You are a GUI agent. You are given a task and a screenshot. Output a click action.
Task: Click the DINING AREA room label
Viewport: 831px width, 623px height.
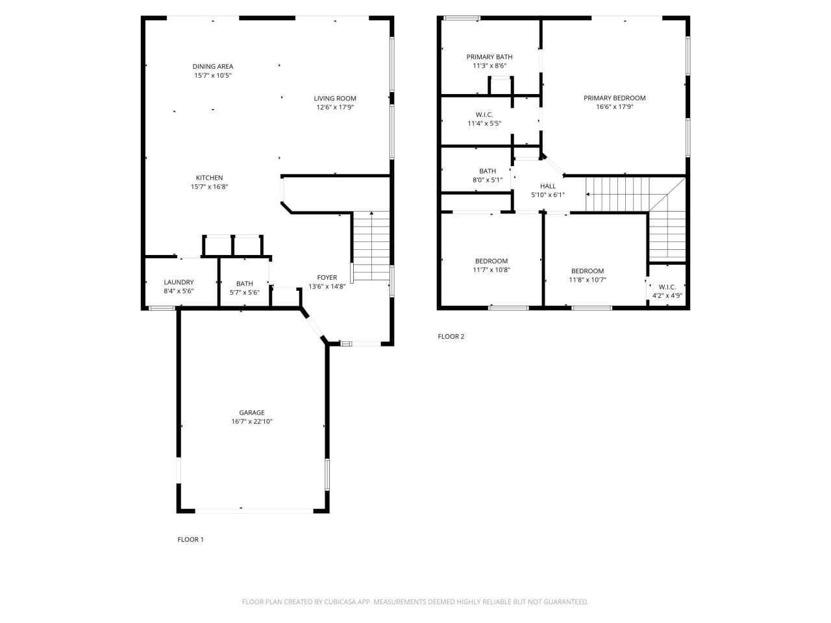tap(212, 66)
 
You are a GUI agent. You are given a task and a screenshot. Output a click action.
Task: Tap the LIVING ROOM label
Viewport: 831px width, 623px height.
tap(335, 99)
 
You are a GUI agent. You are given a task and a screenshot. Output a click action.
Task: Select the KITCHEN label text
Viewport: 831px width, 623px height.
tap(209, 178)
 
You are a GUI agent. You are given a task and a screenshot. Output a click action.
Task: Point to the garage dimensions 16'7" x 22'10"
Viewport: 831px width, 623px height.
tap(252, 422)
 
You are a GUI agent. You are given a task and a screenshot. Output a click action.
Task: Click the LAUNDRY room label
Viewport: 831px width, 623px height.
tap(179, 282)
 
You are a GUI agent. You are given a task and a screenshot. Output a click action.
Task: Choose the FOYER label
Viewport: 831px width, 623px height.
tap(327, 278)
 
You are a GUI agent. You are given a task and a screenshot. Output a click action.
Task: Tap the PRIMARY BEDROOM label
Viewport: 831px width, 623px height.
tap(614, 99)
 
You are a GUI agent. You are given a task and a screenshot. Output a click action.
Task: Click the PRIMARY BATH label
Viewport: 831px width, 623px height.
tap(489, 57)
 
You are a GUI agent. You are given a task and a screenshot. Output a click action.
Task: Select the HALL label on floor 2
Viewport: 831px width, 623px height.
tap(548, 186)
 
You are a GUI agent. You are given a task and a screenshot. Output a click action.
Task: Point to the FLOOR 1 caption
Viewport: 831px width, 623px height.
tap(190, 539)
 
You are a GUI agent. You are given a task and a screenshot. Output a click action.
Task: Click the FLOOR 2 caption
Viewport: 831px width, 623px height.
tap(451, 336)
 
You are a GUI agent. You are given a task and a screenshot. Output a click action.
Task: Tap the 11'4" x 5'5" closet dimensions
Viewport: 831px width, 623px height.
tap(484, 123)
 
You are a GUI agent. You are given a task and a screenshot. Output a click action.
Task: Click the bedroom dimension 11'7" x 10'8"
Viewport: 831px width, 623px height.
tap(491, 270)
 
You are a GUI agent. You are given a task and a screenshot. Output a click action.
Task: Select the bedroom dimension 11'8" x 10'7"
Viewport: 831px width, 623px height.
tap(588, 280)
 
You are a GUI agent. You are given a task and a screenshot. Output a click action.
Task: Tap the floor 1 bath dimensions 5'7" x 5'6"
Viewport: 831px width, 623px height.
tap(245, 292)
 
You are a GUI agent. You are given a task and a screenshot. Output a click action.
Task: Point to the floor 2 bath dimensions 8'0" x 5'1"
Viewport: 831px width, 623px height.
tap(488, 180)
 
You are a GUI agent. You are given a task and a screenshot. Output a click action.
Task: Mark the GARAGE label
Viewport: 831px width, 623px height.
tap(252, 413)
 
